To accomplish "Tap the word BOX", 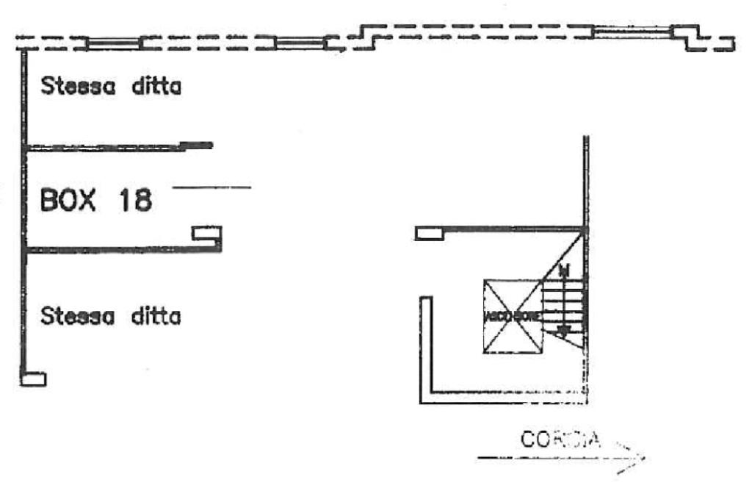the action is click(68, 199).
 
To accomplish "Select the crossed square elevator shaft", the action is click(513, 316).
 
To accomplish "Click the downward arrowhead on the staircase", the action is click(563, 331).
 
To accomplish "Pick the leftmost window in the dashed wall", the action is click(113, 43).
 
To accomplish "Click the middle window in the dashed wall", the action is click(300, 43).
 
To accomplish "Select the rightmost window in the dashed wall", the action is click(632, 32).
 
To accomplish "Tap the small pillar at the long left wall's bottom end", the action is click(34, 379).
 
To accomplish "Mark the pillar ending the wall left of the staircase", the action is click(429, 234).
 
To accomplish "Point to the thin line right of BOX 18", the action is click(211, 188).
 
